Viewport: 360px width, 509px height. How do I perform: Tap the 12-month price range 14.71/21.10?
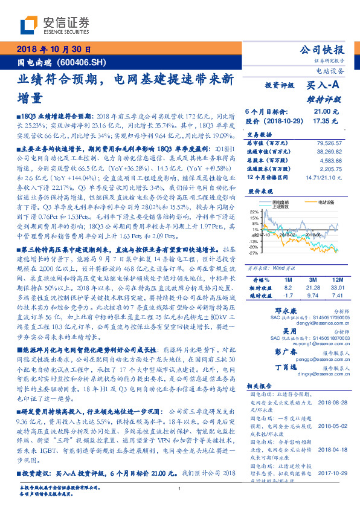327,177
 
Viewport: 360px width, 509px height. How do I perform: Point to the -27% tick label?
252,253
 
